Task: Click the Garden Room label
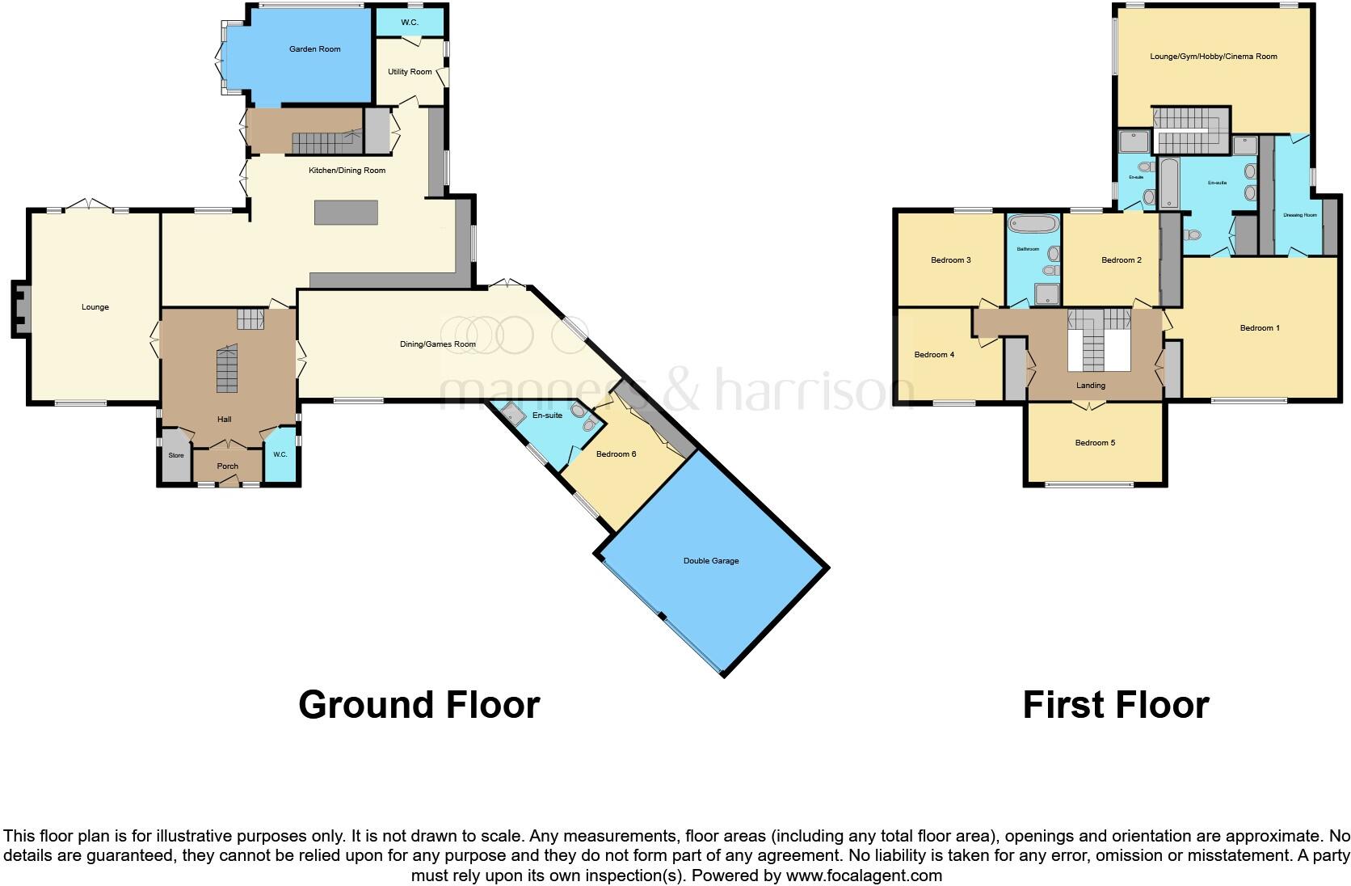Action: [x=315, y=49]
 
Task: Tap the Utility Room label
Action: [x=410, y=72]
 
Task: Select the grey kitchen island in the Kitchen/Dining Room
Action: [x=346, y=213]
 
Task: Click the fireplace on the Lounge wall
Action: [x=19, y=307]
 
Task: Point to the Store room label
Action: [x=175, y=455]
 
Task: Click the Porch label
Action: [x=228, y=466]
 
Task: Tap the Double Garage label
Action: [x=711, y=561]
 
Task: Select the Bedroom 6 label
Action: [x=616, y=454]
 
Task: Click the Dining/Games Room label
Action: [x=438, y=344]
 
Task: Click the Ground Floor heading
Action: [x=419, y=705]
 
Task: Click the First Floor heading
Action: [x=1115, y=705]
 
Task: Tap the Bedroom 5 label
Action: [x=1095, y=443]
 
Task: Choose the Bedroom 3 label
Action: [x=950, y=260]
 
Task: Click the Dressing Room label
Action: [x=1299, y=215]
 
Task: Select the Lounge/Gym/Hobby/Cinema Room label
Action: [x=1214, y=57]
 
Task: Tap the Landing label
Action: [x=1090, y=386]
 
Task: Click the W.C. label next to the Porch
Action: [x=280, y=455]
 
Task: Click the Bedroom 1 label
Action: [x=1260, y=328]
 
